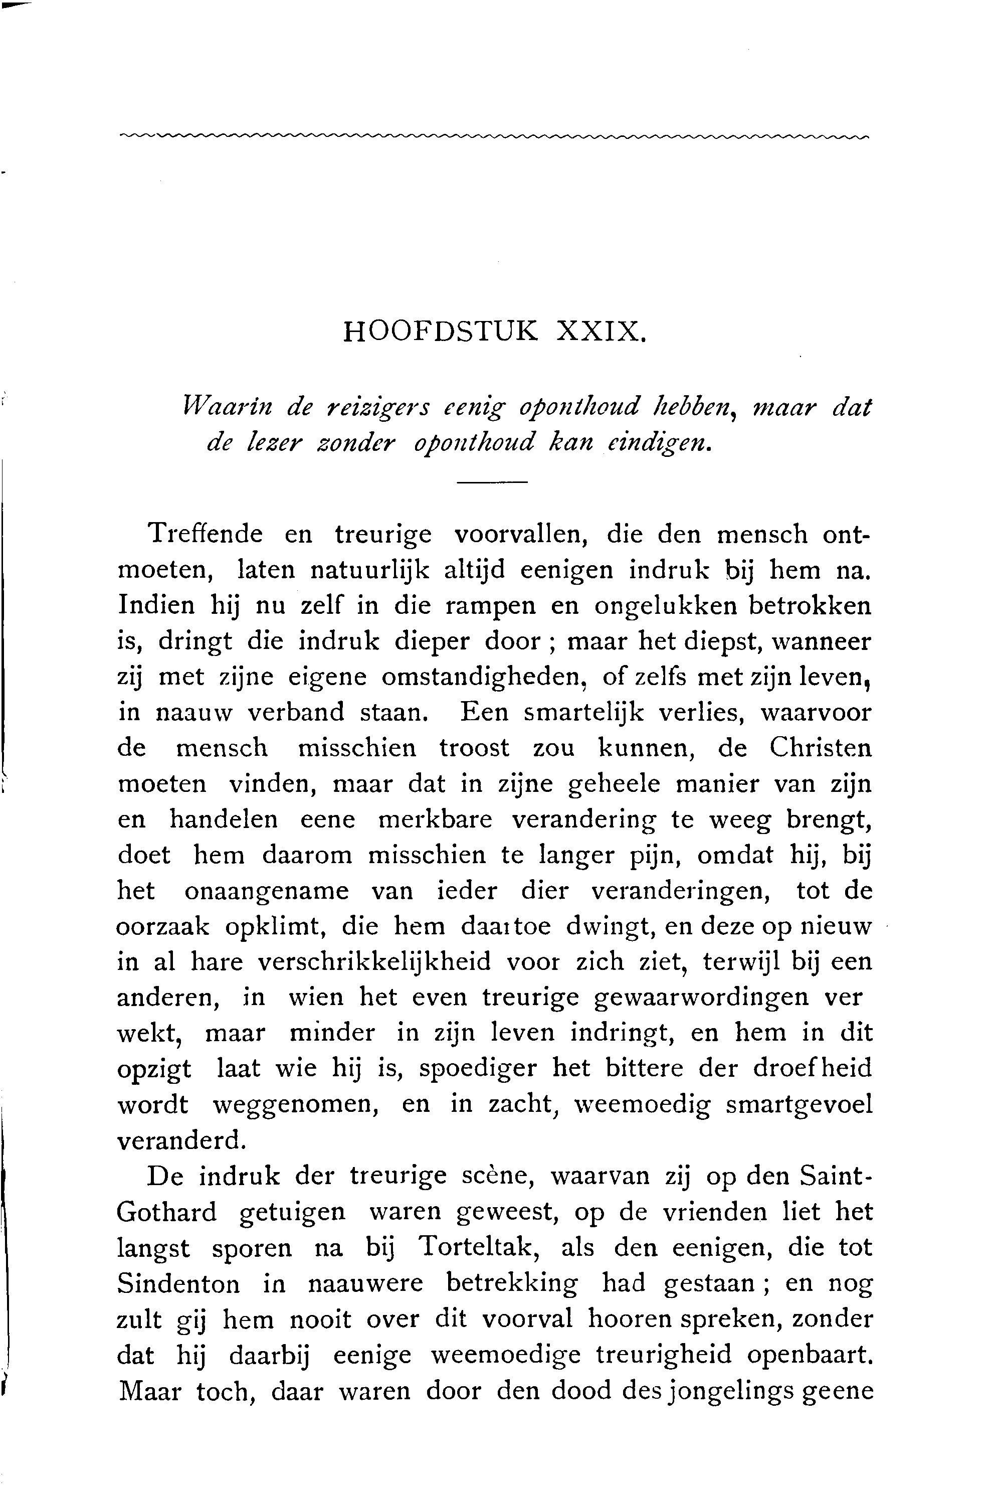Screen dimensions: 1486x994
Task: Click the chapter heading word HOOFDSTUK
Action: tap(441, 332)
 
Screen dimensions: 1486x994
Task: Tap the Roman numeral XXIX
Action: tap(601, 332)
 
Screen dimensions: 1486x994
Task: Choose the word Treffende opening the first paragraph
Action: tap(204, 534)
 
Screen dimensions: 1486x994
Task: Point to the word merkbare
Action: tap(435, 820)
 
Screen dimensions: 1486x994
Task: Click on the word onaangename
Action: tap(266, 891)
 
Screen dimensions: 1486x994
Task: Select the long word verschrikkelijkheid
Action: tap(374, 963)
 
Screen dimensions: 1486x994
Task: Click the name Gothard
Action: tap(167, 1213)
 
